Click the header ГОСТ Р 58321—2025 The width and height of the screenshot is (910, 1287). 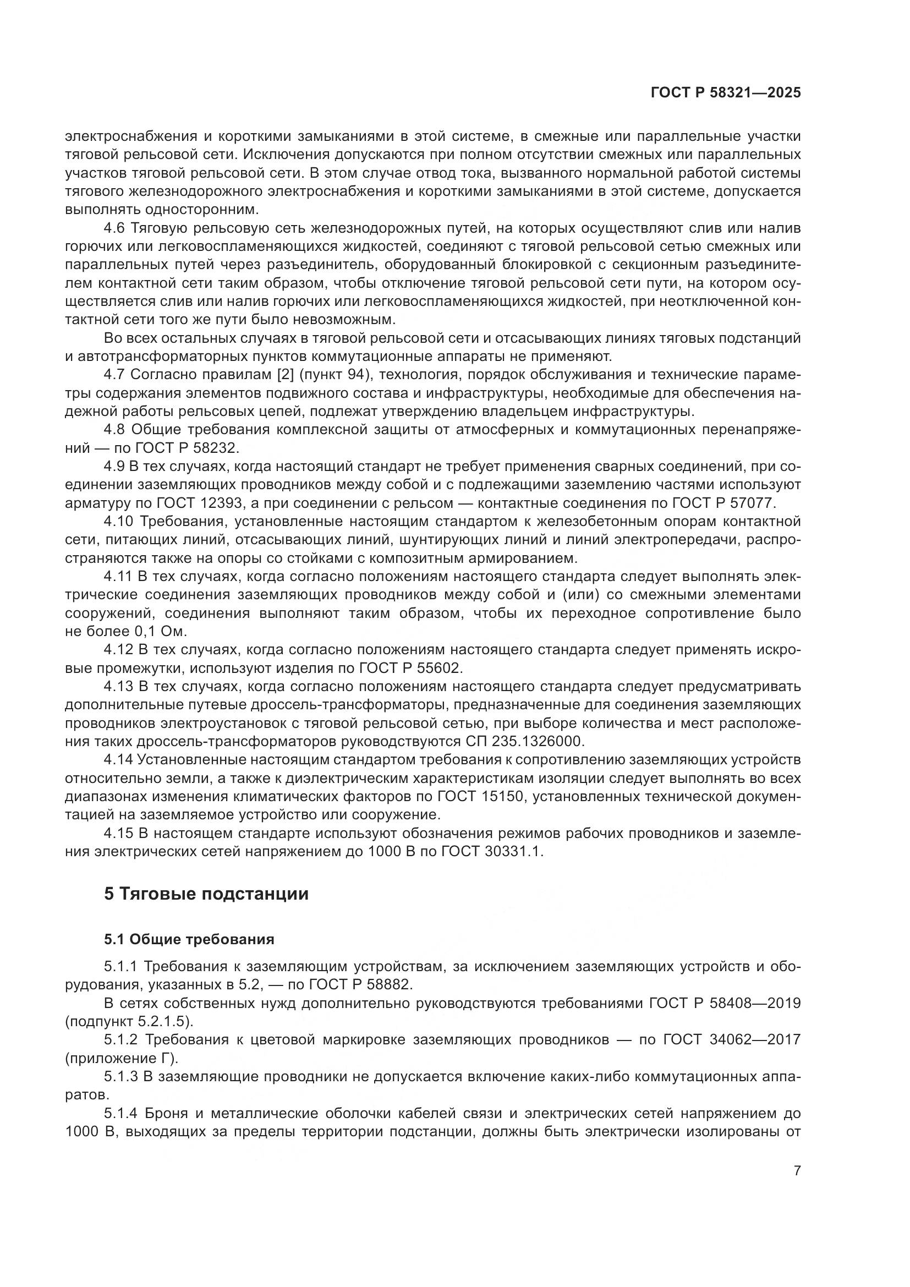725,93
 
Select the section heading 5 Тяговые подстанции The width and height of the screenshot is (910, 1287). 206,894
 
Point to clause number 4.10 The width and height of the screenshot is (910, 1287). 118,521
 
